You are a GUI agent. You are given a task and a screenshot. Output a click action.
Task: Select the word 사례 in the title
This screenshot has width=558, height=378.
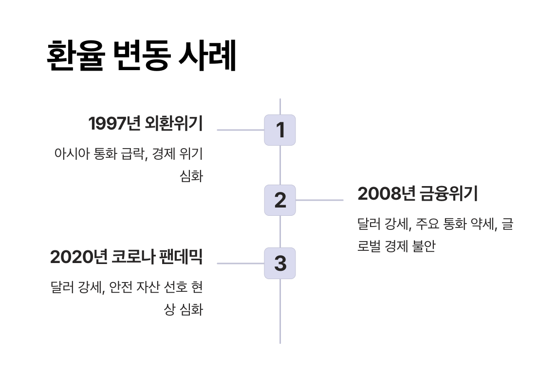click(207, 57)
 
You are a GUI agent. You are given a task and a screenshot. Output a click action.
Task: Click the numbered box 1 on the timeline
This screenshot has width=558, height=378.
click(280, 130)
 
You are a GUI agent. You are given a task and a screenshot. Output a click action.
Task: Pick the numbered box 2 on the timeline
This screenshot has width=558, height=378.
click(280, 200)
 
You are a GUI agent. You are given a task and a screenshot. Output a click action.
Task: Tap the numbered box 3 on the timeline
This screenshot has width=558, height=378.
click(280, 264)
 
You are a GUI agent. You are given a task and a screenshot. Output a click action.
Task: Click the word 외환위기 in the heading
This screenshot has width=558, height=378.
click(174, 124)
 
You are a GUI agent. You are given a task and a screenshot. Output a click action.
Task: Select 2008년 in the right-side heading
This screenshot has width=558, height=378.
click(386, 194)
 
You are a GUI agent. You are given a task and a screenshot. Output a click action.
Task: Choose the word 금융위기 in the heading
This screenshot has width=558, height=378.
click(448, 194)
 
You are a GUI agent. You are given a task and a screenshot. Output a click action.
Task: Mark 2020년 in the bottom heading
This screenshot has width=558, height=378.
click(78, 257)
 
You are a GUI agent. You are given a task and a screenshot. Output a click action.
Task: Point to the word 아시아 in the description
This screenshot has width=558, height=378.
click(69, 154)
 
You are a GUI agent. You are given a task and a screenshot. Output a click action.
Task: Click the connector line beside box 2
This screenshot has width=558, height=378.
click(319, 200)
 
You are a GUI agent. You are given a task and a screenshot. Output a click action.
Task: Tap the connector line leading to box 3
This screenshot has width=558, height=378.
click(241, 264)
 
